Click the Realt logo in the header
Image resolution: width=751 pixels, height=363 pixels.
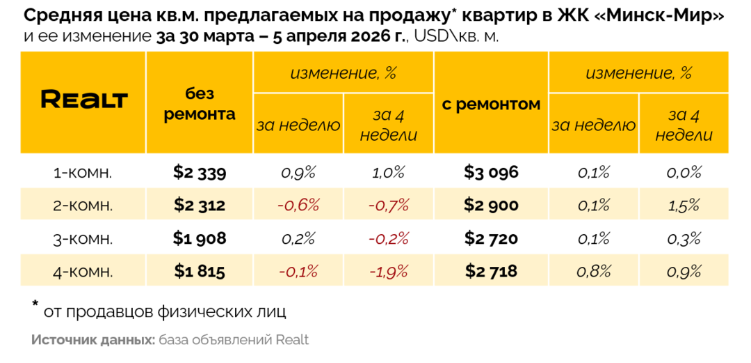click(84, 100)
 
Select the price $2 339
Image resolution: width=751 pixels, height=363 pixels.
click(200, 172)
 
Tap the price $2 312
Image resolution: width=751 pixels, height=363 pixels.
click(200, 205)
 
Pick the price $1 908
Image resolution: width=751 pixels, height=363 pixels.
click(200, 238)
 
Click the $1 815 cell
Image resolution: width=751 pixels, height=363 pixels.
click(200, 271)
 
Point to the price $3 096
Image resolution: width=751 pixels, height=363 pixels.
click(491, 172)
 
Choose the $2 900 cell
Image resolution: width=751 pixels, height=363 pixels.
click(491, 205)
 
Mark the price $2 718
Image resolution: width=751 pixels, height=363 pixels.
click(491, 271)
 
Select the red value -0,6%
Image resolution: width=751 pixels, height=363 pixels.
click(298, 206)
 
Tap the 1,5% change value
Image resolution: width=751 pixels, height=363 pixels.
click(684, 206)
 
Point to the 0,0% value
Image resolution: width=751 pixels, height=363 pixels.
click(684, 173)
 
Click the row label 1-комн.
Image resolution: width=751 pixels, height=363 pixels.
click(83, 173)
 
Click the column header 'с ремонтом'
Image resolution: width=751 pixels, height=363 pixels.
click(491, 105)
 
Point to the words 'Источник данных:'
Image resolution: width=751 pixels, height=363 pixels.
click(92, 341)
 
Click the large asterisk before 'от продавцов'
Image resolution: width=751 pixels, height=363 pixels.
click(35, 306)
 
